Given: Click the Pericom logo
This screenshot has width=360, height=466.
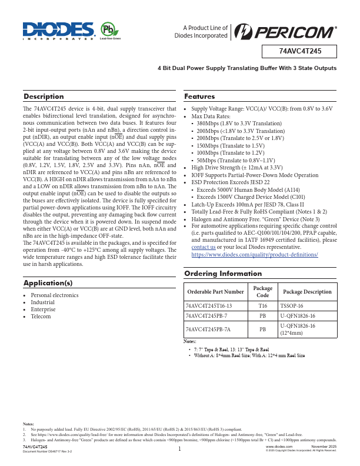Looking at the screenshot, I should pyautogui.click(x=285, y=31).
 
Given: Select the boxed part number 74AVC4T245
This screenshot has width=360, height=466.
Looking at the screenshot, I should pyautogui.click(x=299, y=51).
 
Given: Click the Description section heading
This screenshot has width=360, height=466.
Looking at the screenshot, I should pyautogui.click(x=44, y=96).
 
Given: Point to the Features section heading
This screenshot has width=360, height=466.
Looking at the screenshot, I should pyautogui.click(x=199, y=96).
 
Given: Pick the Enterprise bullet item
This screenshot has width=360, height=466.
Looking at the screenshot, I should pyautogui.click(x=43, y=309).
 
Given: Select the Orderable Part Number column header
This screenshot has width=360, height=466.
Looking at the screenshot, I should pyautogui.click(x=214, y=292).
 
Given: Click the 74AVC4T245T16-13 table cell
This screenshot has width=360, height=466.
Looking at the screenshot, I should pyautogui.click(x=209, y=306).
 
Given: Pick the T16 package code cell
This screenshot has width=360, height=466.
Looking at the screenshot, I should pyautogui.click(x=262, y=306).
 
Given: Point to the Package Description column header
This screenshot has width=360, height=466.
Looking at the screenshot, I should pyautogui.click(x=307, y=292).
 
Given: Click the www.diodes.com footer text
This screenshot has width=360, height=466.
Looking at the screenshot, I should pyautogui.click(x=280, y=447).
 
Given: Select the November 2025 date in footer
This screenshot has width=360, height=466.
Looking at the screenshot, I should pyautogui.click(x=324, y=447).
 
